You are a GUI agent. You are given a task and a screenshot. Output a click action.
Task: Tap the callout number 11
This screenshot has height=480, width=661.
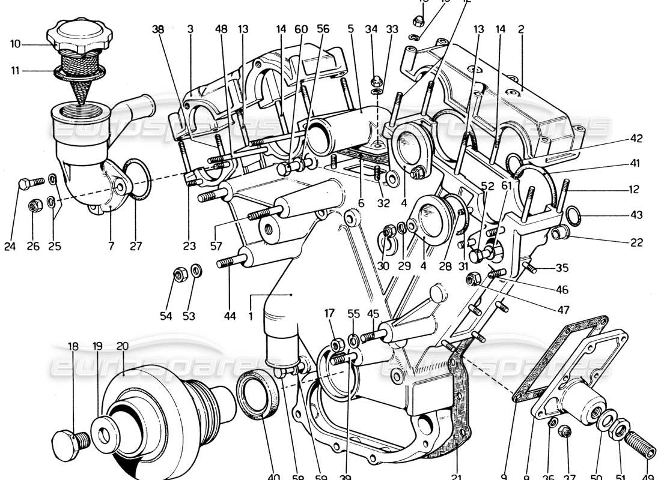click(15, 71)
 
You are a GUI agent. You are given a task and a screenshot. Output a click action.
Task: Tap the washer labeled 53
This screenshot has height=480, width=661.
click(196, 270)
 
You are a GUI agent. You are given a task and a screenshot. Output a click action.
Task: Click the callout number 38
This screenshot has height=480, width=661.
click(157, 28)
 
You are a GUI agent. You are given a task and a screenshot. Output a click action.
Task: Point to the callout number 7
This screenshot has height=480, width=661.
click(112, 245)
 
